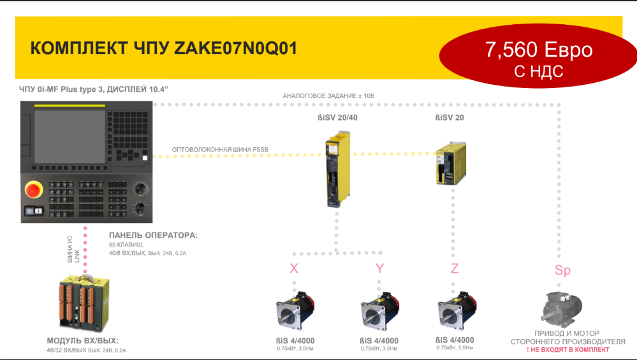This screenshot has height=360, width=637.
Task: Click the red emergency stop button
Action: [x=34, y=190]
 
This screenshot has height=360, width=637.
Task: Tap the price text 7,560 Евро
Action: [x=539, y=50]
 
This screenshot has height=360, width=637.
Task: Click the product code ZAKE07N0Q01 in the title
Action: [x=236, y=48]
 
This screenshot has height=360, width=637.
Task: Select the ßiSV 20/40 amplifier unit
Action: [x=337, y=169]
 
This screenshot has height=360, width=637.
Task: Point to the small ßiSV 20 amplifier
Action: [x=451, y=163]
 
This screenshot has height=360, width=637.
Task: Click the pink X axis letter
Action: [x=294, y=268]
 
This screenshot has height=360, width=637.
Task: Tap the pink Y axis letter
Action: [x=379, y=268]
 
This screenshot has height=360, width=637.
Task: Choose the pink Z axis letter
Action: [x=455, y=268]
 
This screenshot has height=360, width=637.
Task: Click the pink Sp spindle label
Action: [x=562, y=270]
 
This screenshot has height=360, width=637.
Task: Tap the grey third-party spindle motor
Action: [x=561, y=308]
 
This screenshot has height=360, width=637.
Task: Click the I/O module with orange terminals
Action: [x=84, y=303]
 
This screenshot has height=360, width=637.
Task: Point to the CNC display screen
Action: [x=70, y=137]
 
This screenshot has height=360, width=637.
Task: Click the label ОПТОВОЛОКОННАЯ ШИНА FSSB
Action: [x=220, y=149]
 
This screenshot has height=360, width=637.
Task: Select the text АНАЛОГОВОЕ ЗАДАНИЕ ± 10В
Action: [x=328, y=96]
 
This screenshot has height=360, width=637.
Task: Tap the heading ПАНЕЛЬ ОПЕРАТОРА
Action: [x=153, y=235]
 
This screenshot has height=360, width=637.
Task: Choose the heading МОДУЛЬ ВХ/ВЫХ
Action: [x=82, y=341]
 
